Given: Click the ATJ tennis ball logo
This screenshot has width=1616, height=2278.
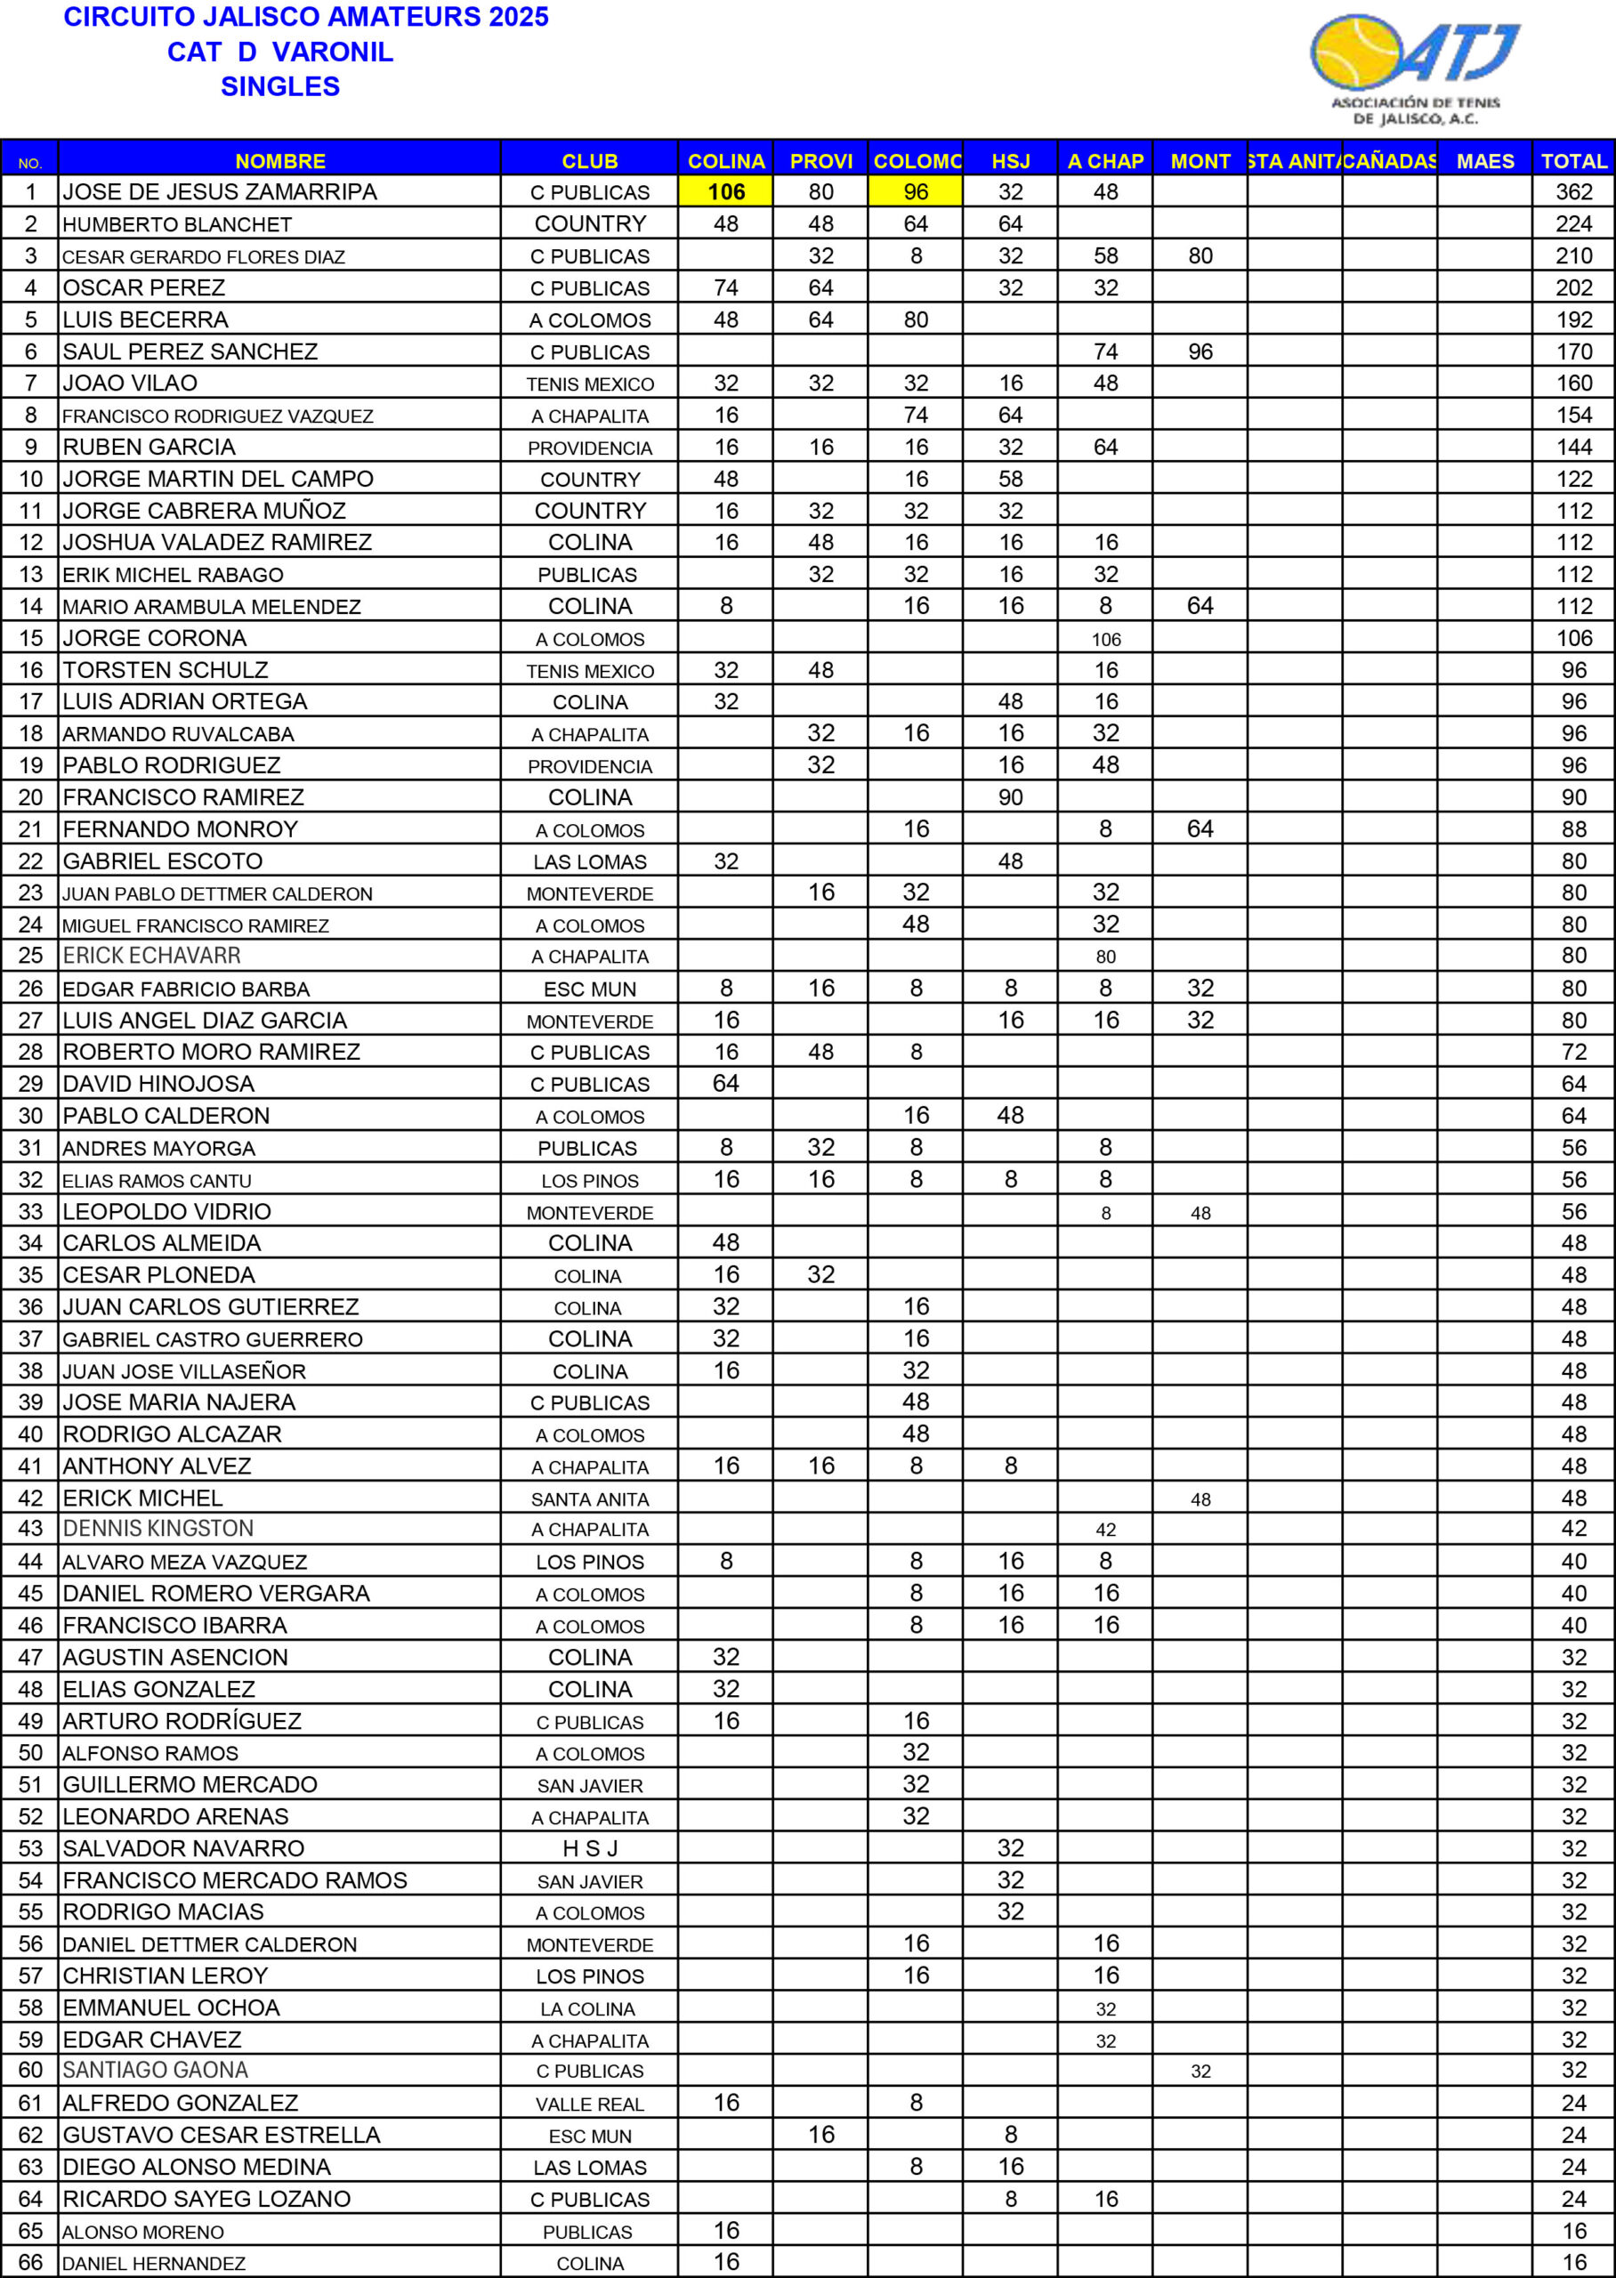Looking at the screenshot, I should pos(1413,68).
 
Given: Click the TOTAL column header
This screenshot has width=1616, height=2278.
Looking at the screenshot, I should pos(1573,161).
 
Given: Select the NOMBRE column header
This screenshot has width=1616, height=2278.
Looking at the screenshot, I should pos(279,161).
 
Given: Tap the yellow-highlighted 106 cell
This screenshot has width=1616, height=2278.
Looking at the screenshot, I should pos(725,192).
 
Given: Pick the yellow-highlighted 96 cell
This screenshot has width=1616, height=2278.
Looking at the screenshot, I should pos(916,192).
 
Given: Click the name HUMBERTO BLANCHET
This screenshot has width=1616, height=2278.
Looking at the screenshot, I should pos(177,225).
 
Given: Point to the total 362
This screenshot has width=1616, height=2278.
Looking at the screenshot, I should pos(1573,192).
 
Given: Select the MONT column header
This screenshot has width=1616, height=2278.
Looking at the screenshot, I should pos(1200,161).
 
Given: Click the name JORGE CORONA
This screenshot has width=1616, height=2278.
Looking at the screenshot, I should pos(154,638).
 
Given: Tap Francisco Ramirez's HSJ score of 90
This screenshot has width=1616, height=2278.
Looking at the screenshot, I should pos(1010,796).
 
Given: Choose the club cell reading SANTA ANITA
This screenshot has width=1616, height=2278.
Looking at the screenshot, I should pos(589,1499).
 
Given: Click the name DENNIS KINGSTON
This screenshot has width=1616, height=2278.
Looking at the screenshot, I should pos(158,1528).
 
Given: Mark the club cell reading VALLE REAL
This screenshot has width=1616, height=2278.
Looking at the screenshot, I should pos(589,2104).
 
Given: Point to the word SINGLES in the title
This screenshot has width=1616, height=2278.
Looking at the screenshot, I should pos(279,86).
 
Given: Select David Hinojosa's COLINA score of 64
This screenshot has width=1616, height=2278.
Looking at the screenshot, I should pos(725,1083).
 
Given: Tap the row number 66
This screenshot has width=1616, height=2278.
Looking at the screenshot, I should pos(31,2262).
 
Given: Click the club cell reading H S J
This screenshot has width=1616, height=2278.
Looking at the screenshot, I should pos(589,1848).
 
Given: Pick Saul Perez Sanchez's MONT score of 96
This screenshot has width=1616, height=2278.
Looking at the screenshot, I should pos(1200,351).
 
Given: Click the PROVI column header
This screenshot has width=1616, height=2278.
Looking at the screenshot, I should pos(821,161).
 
